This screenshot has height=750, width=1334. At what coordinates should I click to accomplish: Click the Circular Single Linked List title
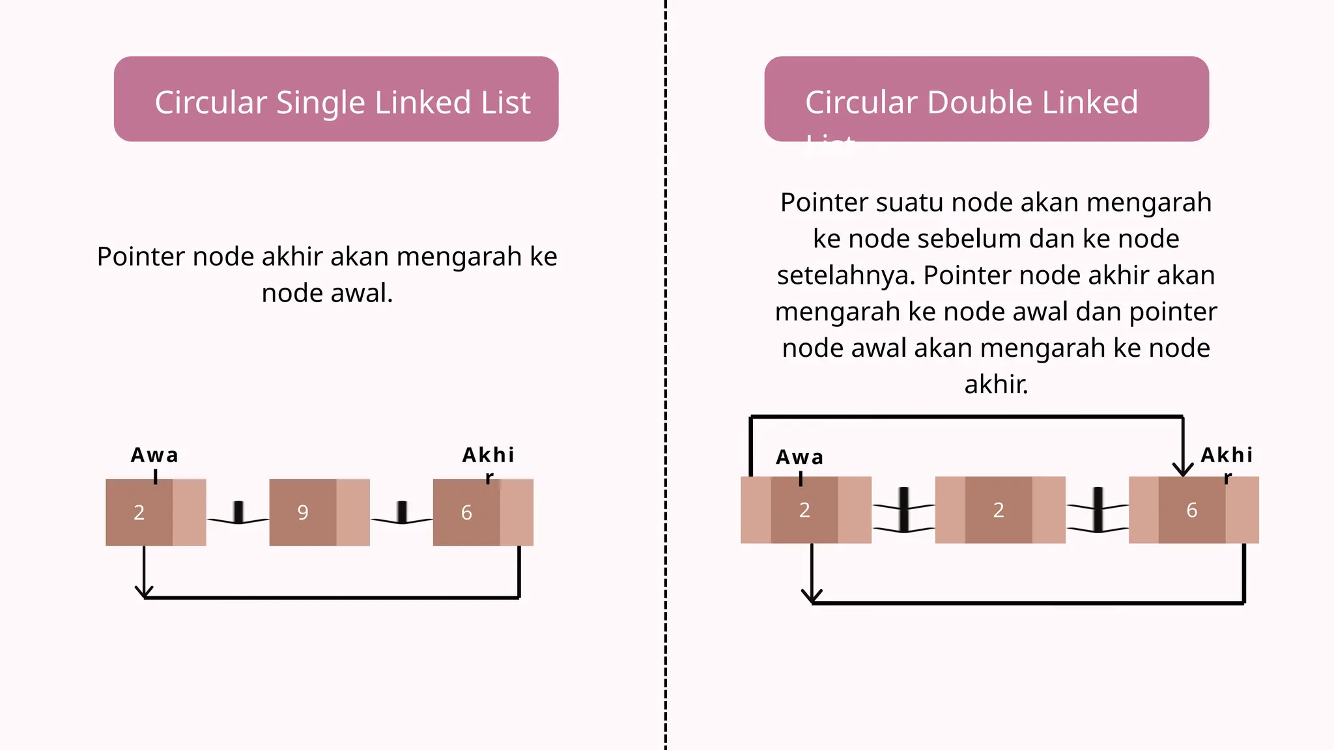pos(342,103)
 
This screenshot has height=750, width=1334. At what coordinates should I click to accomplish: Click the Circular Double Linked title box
pos(986,99)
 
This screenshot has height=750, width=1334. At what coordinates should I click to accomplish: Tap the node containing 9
pos(304,512)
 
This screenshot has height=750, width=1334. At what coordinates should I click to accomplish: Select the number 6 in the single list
pos(466,512)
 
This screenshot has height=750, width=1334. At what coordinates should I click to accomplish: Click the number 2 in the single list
pos(139,512)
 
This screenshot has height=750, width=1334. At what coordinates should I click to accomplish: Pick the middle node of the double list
pos(999,510)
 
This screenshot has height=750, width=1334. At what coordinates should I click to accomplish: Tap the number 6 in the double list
pos(1191,510)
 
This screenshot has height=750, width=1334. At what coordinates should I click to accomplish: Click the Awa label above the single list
pos(154,455)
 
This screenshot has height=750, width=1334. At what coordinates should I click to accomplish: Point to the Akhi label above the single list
pos(489,455)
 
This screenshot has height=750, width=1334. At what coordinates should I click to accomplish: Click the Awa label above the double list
pos(799,458)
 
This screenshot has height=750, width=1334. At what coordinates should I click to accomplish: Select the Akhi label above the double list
pos(1227,455)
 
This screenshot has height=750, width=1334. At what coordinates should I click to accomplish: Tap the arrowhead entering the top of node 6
pos(1182,469)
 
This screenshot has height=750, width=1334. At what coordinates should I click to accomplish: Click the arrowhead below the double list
pos(812,596)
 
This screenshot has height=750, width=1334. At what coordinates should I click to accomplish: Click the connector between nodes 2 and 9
pos(238,514)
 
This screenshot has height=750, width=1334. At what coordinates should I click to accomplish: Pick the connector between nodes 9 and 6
pos(402,514)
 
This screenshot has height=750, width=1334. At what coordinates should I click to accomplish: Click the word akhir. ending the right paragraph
pos(996,385)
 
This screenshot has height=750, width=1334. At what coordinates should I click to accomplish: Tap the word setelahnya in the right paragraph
pos(845,275)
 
